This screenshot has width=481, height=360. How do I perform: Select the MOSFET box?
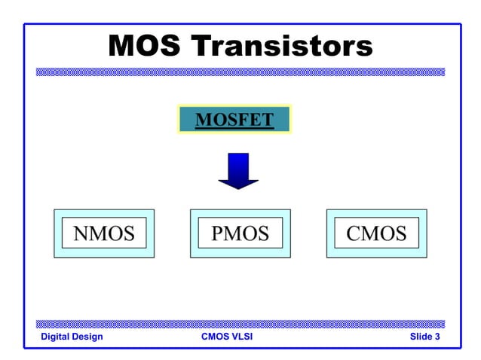point(234,120)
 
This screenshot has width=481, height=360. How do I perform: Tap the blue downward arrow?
point(238,171)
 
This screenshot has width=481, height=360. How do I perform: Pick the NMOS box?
point(104,233)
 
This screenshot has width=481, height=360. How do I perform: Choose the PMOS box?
point(240,233)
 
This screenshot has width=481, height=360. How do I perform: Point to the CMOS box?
point(376,233)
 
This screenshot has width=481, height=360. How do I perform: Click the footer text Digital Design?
point(72,337)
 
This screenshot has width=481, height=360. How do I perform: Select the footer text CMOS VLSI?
point(227,337)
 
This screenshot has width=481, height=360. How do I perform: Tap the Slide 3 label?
point(424,337)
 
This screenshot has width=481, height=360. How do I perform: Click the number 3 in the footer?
point(437,337)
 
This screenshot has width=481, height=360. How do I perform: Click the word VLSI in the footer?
point(242,337)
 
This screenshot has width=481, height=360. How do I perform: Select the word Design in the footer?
point(87,337)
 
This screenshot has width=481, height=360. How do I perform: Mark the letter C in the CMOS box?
point(354,233)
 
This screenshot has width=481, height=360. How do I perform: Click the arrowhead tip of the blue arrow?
point(238,188)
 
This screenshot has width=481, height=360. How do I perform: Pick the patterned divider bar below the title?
point(240,72)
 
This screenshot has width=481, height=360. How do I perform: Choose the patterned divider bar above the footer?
point(240,324)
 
